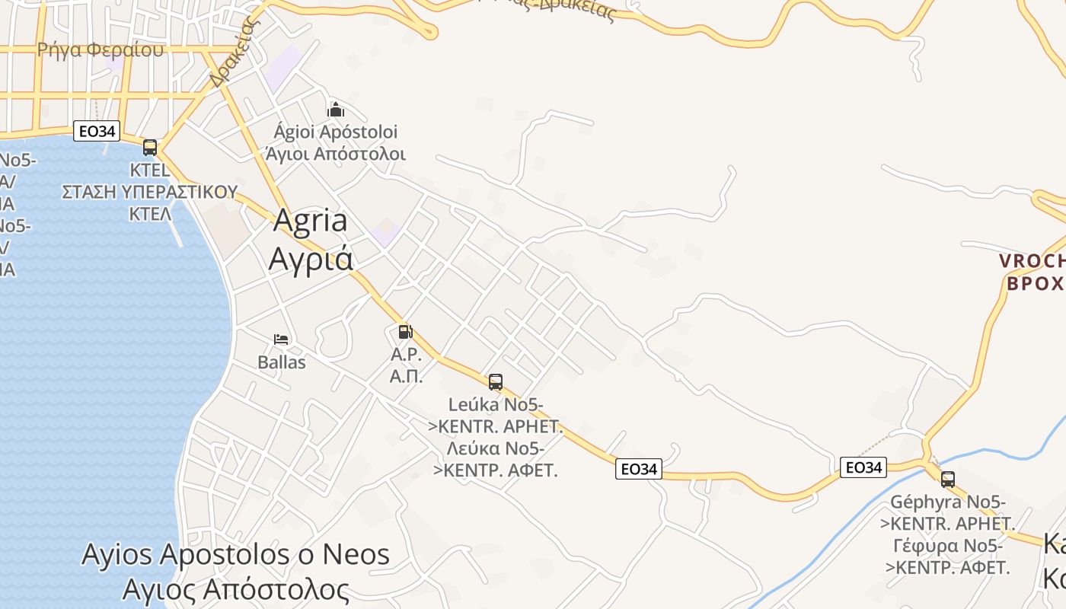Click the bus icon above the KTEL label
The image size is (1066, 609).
[x=150, y=148]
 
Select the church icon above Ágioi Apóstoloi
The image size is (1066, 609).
[x=336, y=110]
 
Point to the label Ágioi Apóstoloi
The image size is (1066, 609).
[x=336, y=132]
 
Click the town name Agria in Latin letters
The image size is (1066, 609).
[x=310, y=221]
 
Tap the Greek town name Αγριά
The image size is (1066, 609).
[x=311, y=259]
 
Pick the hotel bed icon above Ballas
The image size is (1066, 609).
[x=281, y=340]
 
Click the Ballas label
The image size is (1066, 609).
[x=282, y=362]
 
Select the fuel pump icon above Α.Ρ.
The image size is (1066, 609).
[x=405, y=332]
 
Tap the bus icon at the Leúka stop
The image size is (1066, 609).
[x=496, y=382]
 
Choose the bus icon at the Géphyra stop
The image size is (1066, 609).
[x=948, y=480]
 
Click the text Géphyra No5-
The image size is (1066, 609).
[x=948, y=502]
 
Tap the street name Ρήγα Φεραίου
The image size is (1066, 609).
[x=101, y=50]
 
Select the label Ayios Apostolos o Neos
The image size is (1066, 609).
[x=235, y=554]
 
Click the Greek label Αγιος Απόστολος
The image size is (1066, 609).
[x=235, y=590]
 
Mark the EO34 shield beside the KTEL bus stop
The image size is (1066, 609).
[x=97, y=131]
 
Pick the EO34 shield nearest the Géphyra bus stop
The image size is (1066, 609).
[x=863, y=467]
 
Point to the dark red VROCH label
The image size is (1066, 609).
[x=1032, y=261]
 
